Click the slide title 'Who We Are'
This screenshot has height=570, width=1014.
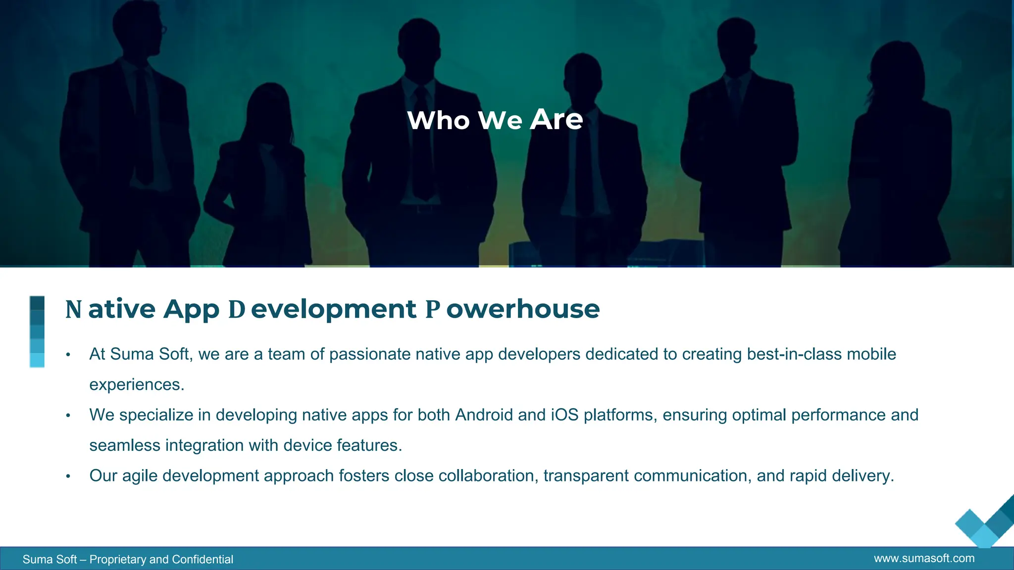(495, 120)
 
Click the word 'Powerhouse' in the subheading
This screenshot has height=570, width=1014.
(512, 309)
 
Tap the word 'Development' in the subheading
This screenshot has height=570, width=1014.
(322, 309)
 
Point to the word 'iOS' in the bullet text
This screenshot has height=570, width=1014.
(564, 415)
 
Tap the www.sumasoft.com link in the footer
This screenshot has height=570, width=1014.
(924, 559)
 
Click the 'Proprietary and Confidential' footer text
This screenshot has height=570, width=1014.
(161, 560)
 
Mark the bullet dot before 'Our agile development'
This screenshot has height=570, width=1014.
(68, 476)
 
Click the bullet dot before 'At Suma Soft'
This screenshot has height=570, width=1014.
(68, 355)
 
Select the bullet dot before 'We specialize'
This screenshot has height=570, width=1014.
(68, 416)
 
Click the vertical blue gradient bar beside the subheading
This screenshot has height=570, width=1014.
(37, 332)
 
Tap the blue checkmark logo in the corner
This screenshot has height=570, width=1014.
(985, 524)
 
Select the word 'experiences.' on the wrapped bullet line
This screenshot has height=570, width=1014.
(137, 385)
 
